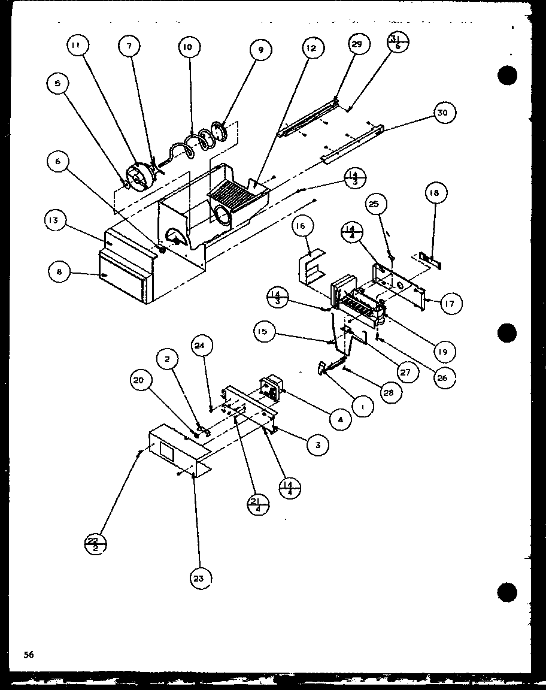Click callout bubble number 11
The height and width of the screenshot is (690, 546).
[78, 46]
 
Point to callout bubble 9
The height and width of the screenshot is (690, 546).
[260, 51]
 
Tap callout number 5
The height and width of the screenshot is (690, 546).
[57, 84]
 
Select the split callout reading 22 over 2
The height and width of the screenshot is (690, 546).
[94, 544]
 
